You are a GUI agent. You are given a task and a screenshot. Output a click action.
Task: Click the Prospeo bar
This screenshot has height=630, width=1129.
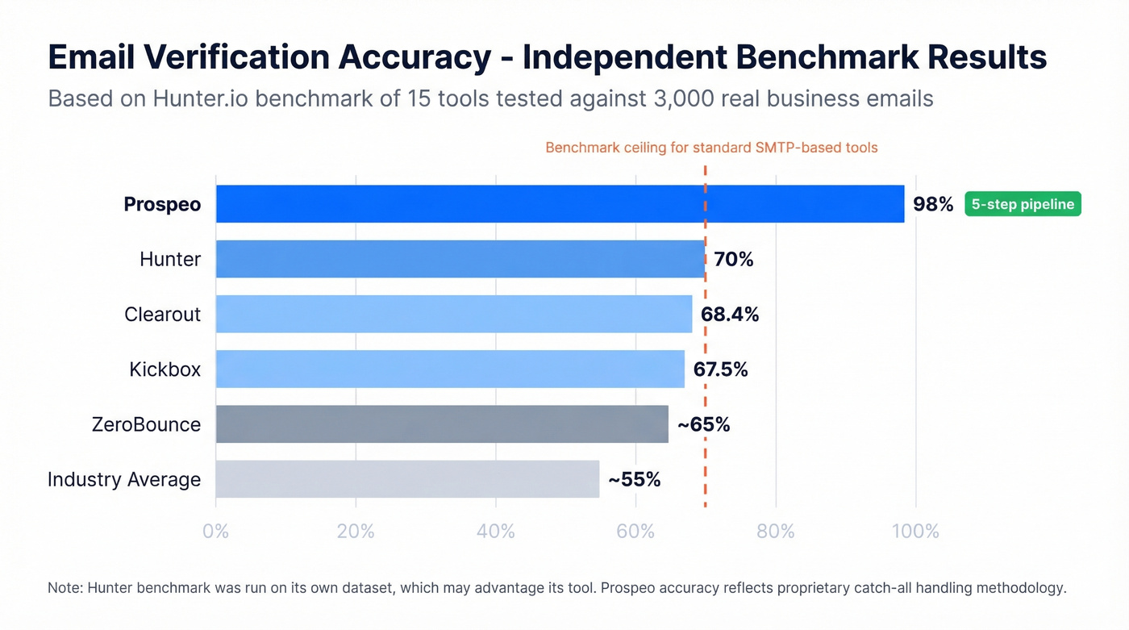(x=560, y=204)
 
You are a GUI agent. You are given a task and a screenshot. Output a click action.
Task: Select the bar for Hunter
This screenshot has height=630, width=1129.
(x=460, y=259)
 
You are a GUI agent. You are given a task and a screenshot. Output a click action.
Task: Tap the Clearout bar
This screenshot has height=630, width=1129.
(x=454, y=314)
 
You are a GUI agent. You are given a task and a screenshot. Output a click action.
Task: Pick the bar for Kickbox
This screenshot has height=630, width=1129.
(x=450, y=369)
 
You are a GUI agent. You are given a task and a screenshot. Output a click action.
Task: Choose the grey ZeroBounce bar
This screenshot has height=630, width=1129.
(x=442, y=424)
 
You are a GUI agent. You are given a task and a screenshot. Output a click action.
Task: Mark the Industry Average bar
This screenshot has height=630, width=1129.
(x=407, y=479)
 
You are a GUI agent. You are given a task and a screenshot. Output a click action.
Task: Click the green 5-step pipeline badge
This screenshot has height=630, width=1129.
(x=1023, y=204)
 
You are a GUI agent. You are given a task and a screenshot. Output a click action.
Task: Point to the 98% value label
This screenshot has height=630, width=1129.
(x=933, y=204)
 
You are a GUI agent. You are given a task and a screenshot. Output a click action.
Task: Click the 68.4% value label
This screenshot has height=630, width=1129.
(x=730, y=314)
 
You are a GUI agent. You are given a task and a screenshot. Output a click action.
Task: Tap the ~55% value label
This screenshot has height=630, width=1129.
(x=634, y=479)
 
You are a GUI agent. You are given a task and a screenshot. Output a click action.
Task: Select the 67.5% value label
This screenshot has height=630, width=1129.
(x=721, y=369)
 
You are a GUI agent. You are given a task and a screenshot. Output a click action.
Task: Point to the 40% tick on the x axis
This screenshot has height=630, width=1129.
(x=496, y=532)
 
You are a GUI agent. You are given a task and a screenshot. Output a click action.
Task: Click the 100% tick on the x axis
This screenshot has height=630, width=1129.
(x=916, y=532)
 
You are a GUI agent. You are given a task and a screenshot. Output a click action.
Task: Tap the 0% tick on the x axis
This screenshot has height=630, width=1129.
(x=216, y=532)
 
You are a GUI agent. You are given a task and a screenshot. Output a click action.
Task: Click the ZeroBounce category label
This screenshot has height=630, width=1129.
(x=146, y=424)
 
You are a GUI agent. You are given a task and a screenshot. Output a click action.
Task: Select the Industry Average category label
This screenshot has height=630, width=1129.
(x=124, y=479)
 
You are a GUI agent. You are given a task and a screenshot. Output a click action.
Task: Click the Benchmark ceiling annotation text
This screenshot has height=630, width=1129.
(x=711, y=148)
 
